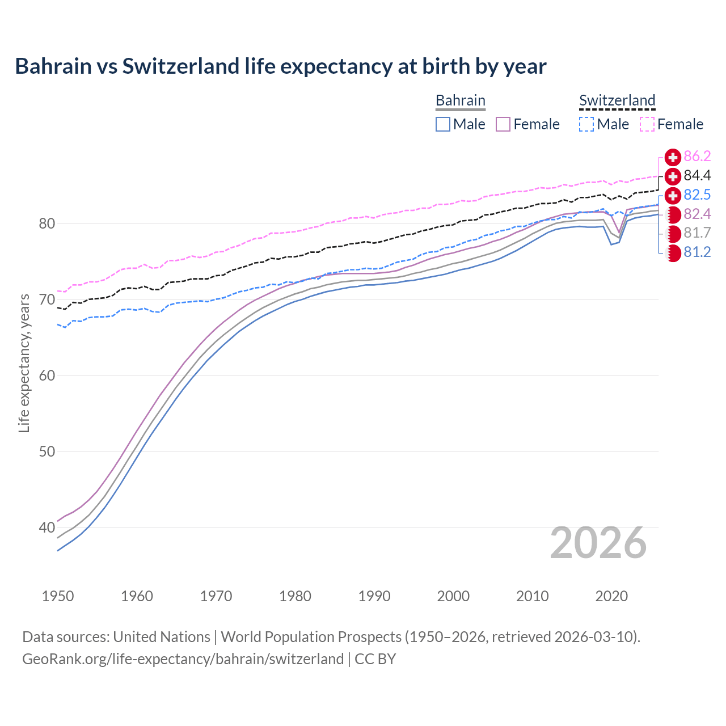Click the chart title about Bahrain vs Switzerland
(x=280, y=66)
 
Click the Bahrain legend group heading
(x=460, y=100)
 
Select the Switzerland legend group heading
(x=617, y=100)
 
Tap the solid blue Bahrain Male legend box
(x=443, y=124)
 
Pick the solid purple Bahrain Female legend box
(x=503, y=124)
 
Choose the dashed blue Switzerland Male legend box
(x=586, y=124)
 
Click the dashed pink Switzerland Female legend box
(x=647, y=124)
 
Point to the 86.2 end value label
(x=697, y=157)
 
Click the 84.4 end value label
(x=697, y=176)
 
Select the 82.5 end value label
(x=697, y=195)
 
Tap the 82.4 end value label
(x=697, y=214)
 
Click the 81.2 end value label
(x=697, y=252)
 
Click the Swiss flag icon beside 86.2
(x=673, y=157)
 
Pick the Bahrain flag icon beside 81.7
(x=673, y=233)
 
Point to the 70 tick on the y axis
(x=47, y=299)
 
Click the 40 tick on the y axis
(x=47, y=528)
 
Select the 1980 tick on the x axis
(x=295, y=596)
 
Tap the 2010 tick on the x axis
(x=532, y=596)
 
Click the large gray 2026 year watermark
(x=598, y=543)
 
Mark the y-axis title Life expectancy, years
(x=24, y=363)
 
